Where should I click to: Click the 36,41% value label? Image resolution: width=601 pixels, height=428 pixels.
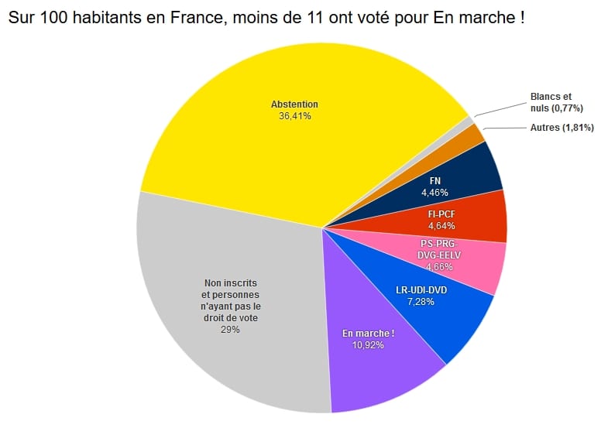[294, 116]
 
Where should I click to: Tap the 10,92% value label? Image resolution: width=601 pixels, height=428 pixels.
[368, 345]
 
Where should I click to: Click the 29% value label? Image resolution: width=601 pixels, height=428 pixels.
[231, 329]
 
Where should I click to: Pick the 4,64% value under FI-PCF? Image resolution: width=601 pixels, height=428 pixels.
[441, 226]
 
